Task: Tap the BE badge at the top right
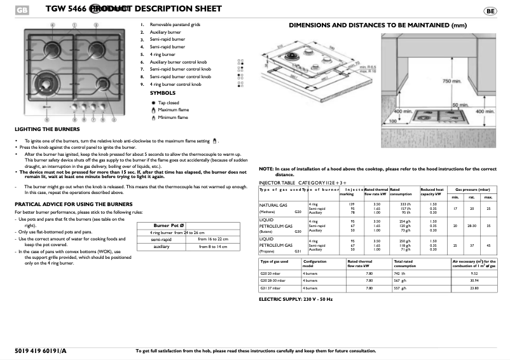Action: (x=490, y=11)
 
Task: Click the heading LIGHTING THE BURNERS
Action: (x=41, y=129)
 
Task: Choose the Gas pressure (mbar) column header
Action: (x=471, y=190)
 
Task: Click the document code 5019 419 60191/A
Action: (x=39, y=350)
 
